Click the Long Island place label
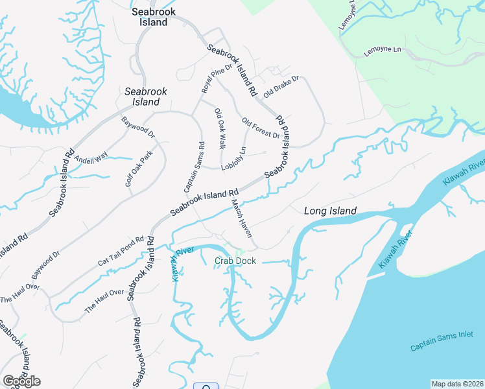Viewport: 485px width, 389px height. click(330, 211)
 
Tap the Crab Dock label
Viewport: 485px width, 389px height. click(235, 261)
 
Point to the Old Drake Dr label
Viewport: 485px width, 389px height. click(281, 88)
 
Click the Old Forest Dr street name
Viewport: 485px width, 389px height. click(260, 128)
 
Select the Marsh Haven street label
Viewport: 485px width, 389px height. click(241, 217)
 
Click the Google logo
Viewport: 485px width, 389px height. click(21, 381)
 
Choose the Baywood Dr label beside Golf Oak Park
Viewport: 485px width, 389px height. click(139, 127)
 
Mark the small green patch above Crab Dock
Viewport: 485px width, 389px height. click(239, 252)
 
